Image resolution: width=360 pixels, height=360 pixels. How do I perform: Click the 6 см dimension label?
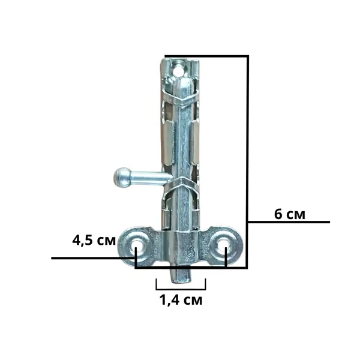coord(290,214)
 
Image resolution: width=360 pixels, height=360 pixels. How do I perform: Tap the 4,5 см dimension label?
coord(94,241)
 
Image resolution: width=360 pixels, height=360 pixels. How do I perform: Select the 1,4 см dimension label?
coord(181,300)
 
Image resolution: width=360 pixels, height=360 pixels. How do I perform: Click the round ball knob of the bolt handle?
coord(122,177)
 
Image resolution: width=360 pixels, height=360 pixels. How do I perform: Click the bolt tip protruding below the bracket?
coord(180,275)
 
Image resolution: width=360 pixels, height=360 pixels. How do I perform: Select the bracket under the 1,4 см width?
coord(181,284)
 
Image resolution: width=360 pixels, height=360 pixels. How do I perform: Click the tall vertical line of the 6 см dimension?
coord(248,161)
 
